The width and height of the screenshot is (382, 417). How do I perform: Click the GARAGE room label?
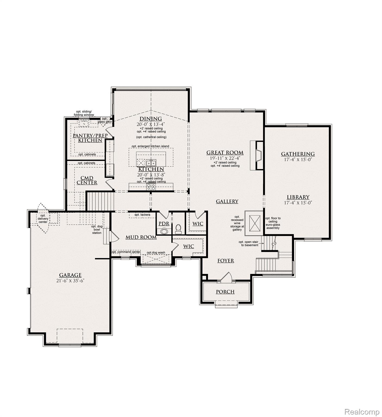pyautogui.click(x=70, y=275)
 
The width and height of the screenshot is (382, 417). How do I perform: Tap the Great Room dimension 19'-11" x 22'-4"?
pyautogui.click(x=225, y=158)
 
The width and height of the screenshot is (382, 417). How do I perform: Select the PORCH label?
pyautogui.click(x=225, y=292)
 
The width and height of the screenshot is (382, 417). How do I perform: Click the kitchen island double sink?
pyautogui.click(x=151, y=163)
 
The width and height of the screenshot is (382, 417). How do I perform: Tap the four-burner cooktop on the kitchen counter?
pyautogui.click(x=151, y=187)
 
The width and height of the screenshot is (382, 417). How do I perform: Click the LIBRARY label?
pyautogui.click(x=298, y=197)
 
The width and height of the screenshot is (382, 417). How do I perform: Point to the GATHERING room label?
pyautogui.click(x=298, y=154)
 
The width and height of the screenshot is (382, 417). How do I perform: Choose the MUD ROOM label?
pyautogui.click(x=141, y=237)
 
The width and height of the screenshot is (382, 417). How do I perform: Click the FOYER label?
pyautogui.click(x=226, y=261)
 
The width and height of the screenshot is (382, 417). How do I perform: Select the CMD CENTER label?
pyautogui.click(x=87, y=180)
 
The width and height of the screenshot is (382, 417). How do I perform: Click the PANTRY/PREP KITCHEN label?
pyautogui.click(x=90, y=138)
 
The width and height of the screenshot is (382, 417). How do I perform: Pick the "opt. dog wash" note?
pyautogui.click(x=156, y=252)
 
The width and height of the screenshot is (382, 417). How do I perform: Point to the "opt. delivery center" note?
pyautogui.click(x=43, y=219)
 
